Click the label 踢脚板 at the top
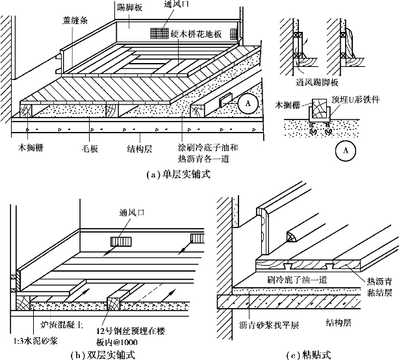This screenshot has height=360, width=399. click(129, 7)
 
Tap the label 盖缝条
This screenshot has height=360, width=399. click(75, 20)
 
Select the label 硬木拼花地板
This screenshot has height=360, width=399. click(196, 34)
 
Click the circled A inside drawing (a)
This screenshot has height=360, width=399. click(248, 103)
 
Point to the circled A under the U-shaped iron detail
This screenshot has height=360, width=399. click(345, 151)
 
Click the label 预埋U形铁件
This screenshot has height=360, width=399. click(355, 99)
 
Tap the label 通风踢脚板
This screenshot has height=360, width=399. click(317, 82)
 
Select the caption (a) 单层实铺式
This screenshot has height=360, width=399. click(179, 175)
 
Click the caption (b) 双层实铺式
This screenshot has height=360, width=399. click(103, 355)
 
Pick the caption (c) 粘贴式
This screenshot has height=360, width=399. click(309, 355)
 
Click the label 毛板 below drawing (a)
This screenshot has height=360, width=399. click(90, 149)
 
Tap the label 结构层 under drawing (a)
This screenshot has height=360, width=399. click(140, 149)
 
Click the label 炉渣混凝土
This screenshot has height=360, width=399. click(62, 324)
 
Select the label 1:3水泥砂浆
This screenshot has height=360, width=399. click(35, 341)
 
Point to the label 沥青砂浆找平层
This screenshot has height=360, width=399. click(269, 325)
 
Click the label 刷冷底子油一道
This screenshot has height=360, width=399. click(297, 279)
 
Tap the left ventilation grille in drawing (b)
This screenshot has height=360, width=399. click(121, 242)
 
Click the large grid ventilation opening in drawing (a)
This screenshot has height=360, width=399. click(160, 33)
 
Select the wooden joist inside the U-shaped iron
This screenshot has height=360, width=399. click(320, 109)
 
